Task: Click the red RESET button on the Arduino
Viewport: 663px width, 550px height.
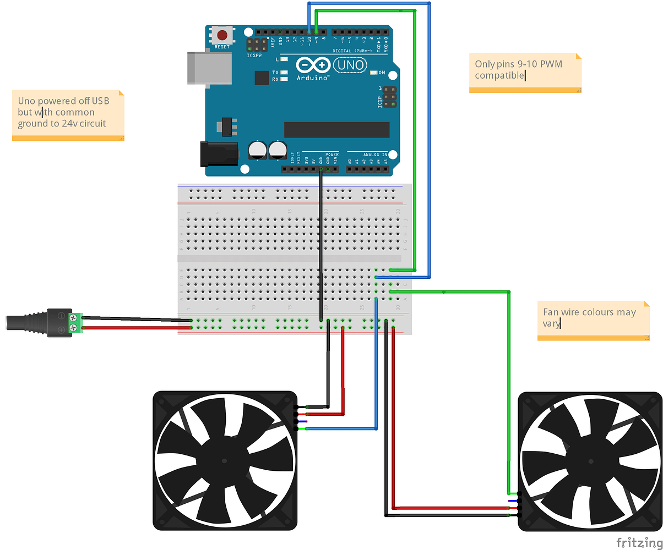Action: (222, 36)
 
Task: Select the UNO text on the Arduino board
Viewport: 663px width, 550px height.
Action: (351, 65)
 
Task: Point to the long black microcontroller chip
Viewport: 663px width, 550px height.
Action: (336, 130)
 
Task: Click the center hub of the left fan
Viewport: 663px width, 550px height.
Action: (225, 460)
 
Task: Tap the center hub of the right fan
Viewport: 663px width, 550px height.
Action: (590, 461)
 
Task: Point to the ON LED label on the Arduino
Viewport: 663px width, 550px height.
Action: (381, 73)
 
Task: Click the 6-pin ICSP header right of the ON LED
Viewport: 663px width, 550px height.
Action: (389, 97)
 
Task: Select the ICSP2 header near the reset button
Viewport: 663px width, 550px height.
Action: (256, 45)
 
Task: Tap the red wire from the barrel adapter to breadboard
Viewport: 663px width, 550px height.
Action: (132, 328)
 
